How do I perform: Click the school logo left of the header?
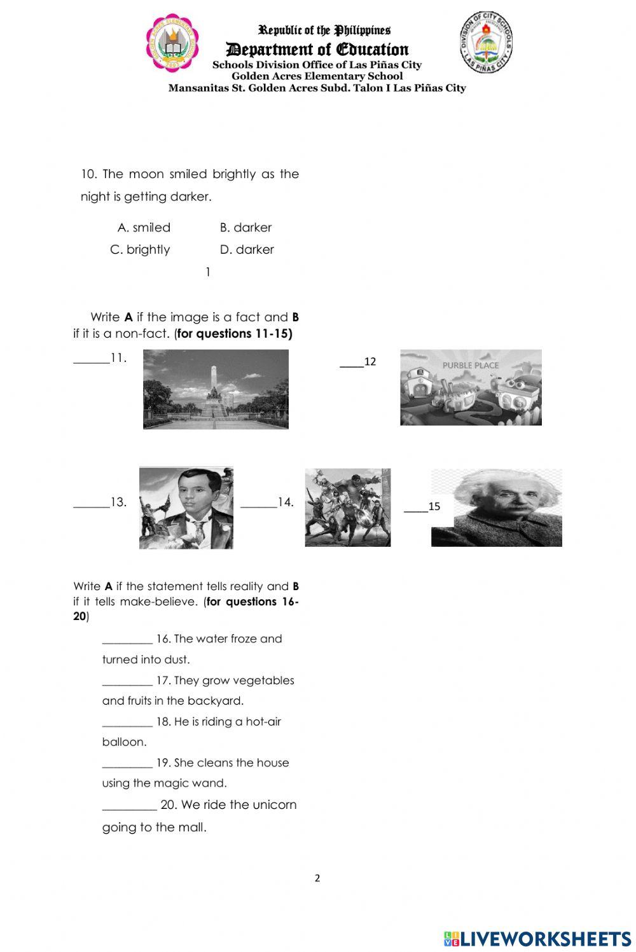(172, 43)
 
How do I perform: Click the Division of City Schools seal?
(487, 42)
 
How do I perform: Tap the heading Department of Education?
(317, 50)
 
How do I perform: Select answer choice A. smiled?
(144, 228)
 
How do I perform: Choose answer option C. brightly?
(140, 250)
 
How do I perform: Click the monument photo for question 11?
(216, 389)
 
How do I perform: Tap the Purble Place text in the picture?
(471, 366)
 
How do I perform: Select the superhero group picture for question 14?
(348, 507)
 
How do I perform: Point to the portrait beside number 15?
(496, 507)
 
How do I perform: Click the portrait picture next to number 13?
(186, 507)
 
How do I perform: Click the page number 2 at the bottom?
(317, 879)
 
